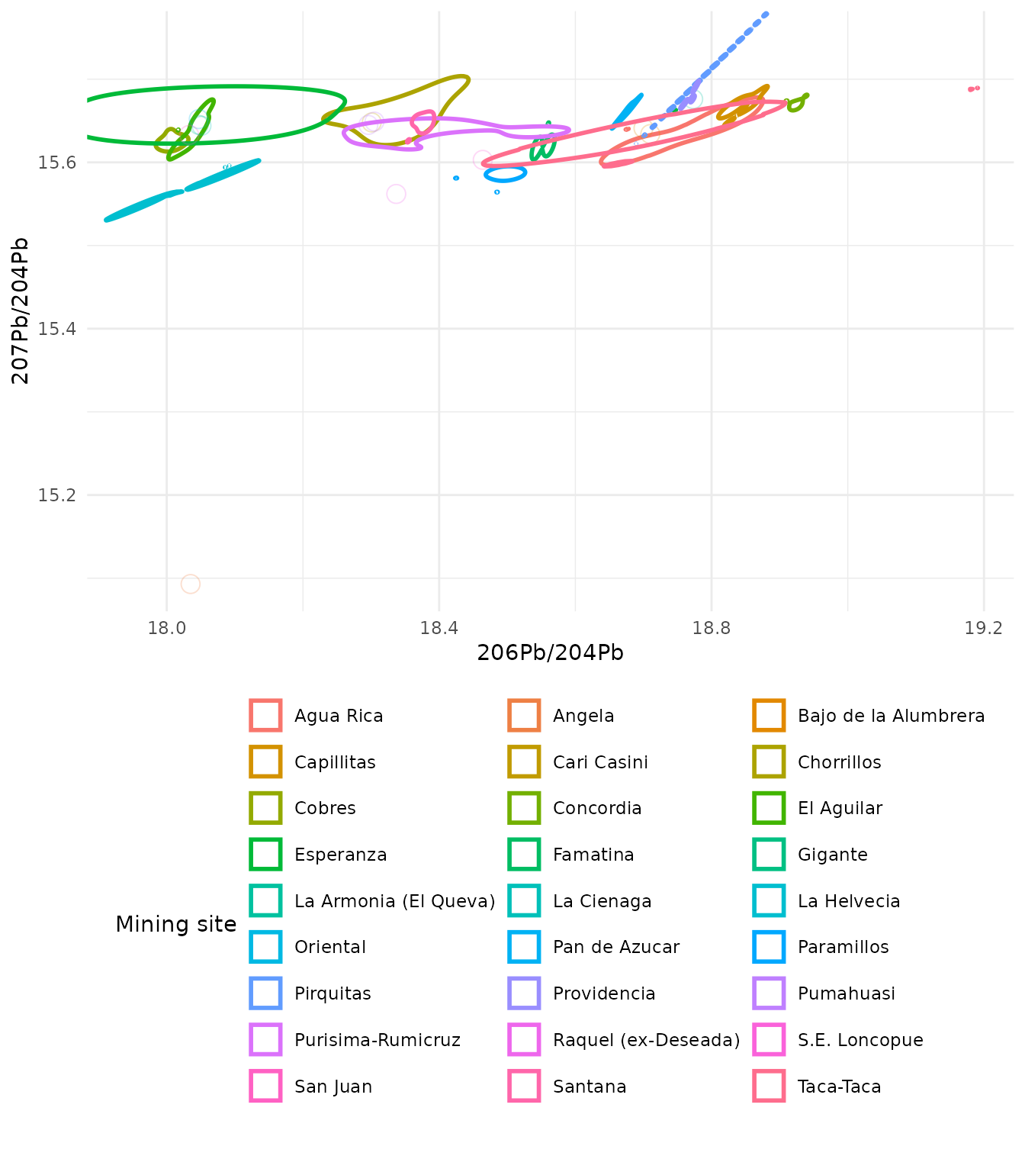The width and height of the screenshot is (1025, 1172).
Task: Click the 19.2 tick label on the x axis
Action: pyautogui.click(x=983, y=628)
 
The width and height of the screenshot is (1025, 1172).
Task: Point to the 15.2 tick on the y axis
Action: pyautogui.click(x=58, y=495)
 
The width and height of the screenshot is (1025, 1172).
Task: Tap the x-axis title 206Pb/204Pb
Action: pyautogui.click(x=550, y=653)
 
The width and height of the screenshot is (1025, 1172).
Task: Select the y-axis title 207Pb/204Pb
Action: pyautogui.click(x=21, y=311)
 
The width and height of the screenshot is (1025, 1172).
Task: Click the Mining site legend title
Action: pyautogui.click(x=175, y=925)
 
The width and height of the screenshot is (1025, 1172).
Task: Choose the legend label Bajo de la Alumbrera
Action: pyautogui.click(x=891, y=716)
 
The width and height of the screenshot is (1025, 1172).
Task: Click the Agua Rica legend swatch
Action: pyautogui.click(x=265, y=716)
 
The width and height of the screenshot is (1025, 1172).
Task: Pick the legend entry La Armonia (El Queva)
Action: pyautogui.click(x=394, y=901)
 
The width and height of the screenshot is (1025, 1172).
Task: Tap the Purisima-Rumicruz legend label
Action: pyautogui.click(x=377, y=1040)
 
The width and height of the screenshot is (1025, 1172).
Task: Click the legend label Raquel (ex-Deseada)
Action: pyautogui.click(x=646, y=1040)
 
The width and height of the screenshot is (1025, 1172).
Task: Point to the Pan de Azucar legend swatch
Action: pyautogui.click(x=524, y=947)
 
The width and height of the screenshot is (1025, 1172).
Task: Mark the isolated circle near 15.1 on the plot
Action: pyautogui.click(x=191, y=584)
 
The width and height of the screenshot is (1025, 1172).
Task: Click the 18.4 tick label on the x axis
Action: pyautogui.click(x=439, y=628)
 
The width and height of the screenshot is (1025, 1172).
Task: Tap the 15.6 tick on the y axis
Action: pyautogui.click(x=58, y=163)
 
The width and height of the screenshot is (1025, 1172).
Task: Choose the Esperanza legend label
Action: pyautogui.click(x=340, y=855)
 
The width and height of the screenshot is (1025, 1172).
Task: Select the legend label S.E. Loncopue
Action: pyautogui.click(x=860, y=1040)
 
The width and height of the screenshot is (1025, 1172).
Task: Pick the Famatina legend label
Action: pyautogui.click(x=593, y=855)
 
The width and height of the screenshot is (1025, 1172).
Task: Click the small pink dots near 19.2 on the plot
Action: pyautogui.click(x=973, y=89)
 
